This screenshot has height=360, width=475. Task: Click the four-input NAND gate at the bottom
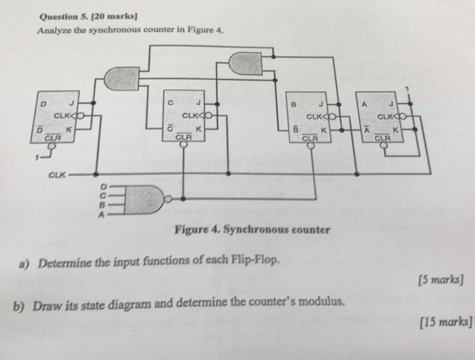pyautogui.click(x=144, y=199)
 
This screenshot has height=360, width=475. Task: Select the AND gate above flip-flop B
pyautogui.click(x=245, y=63)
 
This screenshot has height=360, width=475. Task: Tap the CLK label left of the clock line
pyautogui.click(x=56, y=174)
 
